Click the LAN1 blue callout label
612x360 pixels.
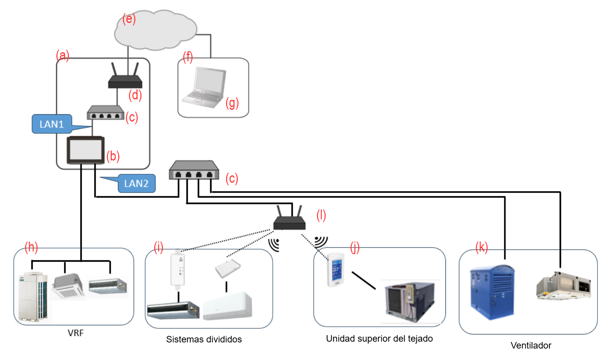[x=52, y=124]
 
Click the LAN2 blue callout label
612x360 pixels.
[x=136, y=183]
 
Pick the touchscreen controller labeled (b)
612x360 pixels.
[x=86, y=150]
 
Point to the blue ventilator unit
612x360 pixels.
[x=492, y=292]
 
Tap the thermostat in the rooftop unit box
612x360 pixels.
[x=335, y=269]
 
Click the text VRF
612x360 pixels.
[x=76, y=333]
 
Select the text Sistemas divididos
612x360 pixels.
[x=204, y=339]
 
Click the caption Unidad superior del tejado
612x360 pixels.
[x=379, y=339]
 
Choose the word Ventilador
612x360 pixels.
[x=531, y=345]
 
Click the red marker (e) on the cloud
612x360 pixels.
[x=129, y=19]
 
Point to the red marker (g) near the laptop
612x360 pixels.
[x=232, y=103]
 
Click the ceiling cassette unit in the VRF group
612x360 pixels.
[x=68, y=287]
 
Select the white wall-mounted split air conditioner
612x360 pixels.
[x=228, y=306]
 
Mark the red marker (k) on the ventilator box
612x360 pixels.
[x=481, y=247]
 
